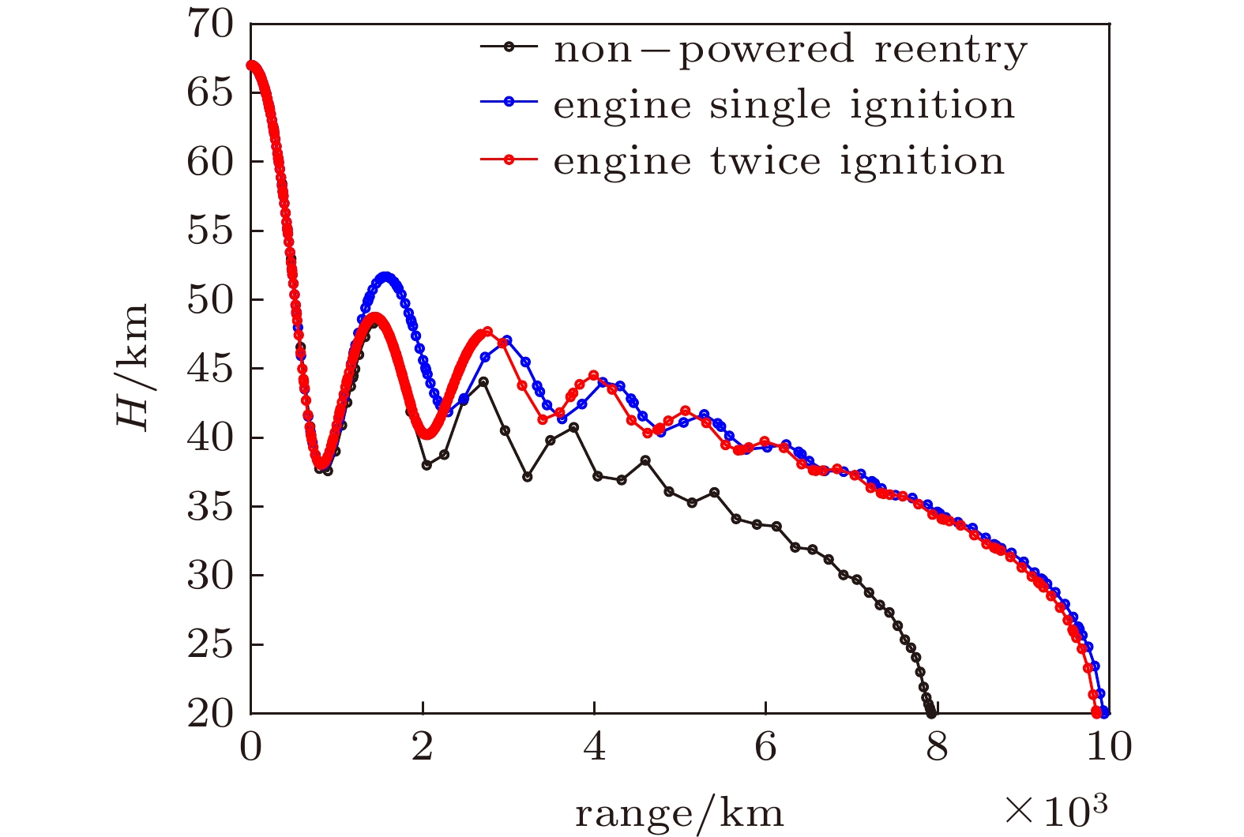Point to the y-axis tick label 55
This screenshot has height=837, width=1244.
(x=210, y=231)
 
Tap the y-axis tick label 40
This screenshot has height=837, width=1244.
(x=210, y=437)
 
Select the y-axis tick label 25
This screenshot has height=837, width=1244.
(x=210, y=644)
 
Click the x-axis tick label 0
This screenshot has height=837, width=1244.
(x=251, y=747)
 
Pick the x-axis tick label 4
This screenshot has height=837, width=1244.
(x=594, y=747)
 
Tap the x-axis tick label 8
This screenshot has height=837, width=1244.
(x=937, y=747)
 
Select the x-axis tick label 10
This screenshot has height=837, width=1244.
(x=1108, y=747)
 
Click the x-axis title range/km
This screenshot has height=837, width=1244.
(x=679, y=813)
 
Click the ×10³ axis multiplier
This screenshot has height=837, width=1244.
(x=1057, y=810)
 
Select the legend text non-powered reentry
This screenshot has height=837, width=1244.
(x=791, y=49)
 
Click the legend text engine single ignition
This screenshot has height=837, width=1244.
(x=784, y=105)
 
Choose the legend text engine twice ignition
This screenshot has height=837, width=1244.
(x=779, y=161)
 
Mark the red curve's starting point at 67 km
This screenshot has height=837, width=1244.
(x=251, y=66)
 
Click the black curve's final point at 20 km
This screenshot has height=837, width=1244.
(x=932, y=713)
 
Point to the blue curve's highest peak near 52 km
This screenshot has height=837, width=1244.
(x=385, y=277)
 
